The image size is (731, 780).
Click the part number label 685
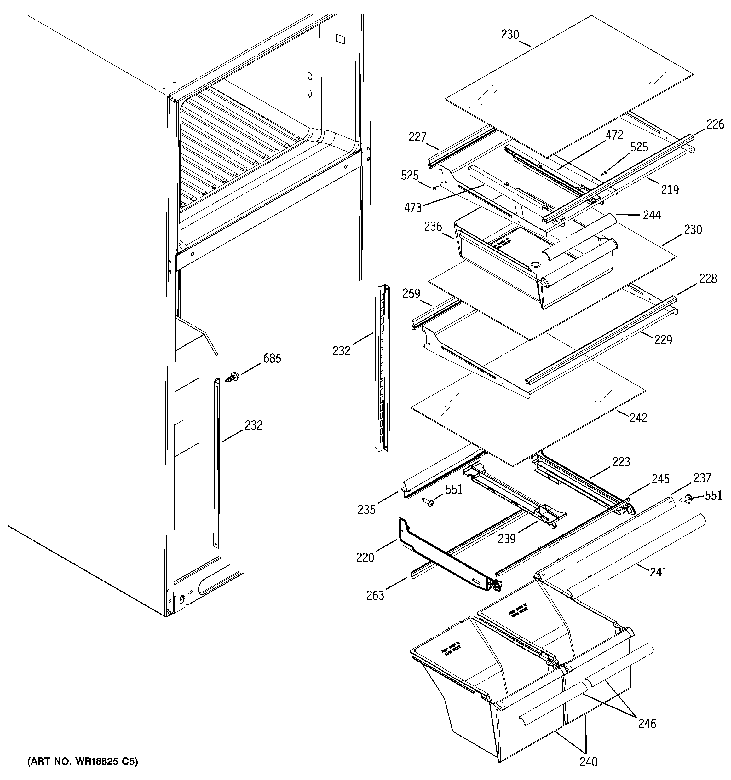point(272,358)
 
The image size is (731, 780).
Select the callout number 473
point(413,208)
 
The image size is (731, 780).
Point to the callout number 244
point(652,215)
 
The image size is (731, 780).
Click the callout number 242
point(638,418)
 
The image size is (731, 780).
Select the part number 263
point(375,596)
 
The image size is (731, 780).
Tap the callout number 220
point(365,558)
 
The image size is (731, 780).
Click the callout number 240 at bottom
point(589,761)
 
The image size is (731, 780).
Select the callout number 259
point(411,293)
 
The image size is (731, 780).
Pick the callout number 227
point(417,137)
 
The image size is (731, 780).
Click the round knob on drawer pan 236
point(534,266)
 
